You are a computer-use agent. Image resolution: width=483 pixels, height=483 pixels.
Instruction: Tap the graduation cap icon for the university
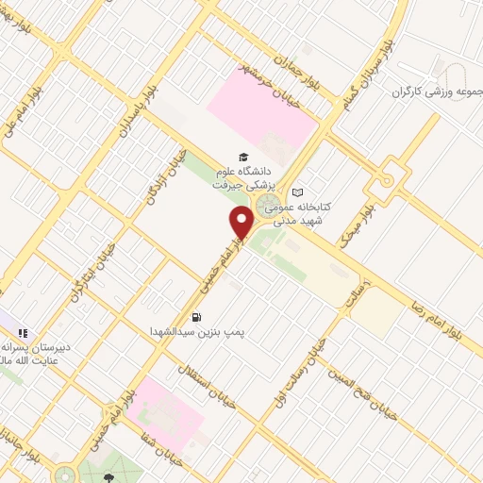(x=243, y=157)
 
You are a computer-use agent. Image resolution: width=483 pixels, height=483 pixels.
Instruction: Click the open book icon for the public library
(x=297, y=192)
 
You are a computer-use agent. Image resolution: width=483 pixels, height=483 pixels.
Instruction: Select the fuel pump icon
(x=196, y=317)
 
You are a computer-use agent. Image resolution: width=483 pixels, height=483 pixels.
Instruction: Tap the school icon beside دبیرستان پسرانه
(x=22, y=333)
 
